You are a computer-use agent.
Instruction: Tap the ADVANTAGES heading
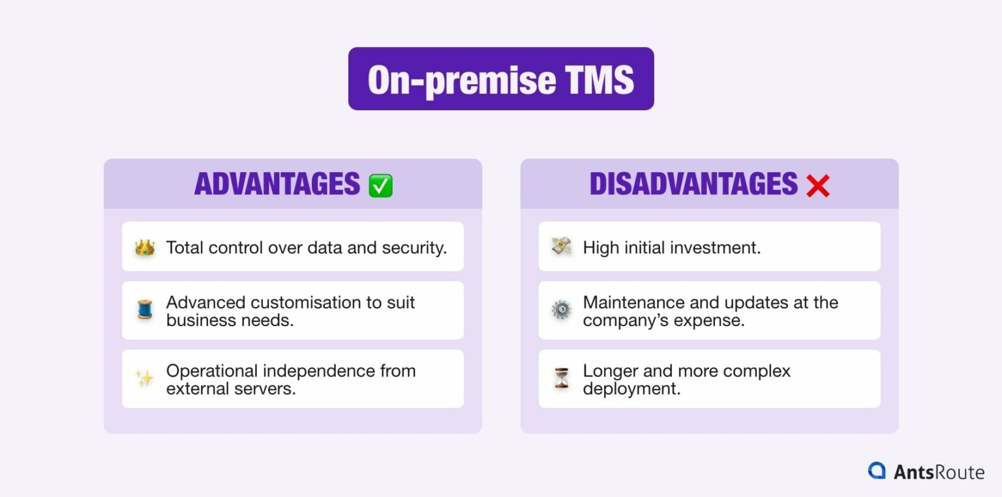[x=277, y=185]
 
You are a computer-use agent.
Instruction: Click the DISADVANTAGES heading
[x=693, y=185]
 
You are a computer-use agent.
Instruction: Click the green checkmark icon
[x=380, y=186]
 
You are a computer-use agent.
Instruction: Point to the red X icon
[x=817, y=186]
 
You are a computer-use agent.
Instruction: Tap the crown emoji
[x=144, y=248]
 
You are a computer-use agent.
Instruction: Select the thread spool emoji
[x=144, y=310]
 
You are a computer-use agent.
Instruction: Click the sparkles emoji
[x=144, y=379]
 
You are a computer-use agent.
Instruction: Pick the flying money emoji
[x=561, y=247]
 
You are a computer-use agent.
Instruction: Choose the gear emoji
[x=561, y=310]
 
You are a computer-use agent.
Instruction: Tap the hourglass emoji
[x=561, y=379]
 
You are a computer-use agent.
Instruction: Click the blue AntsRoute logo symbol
[x=877, y=471]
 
